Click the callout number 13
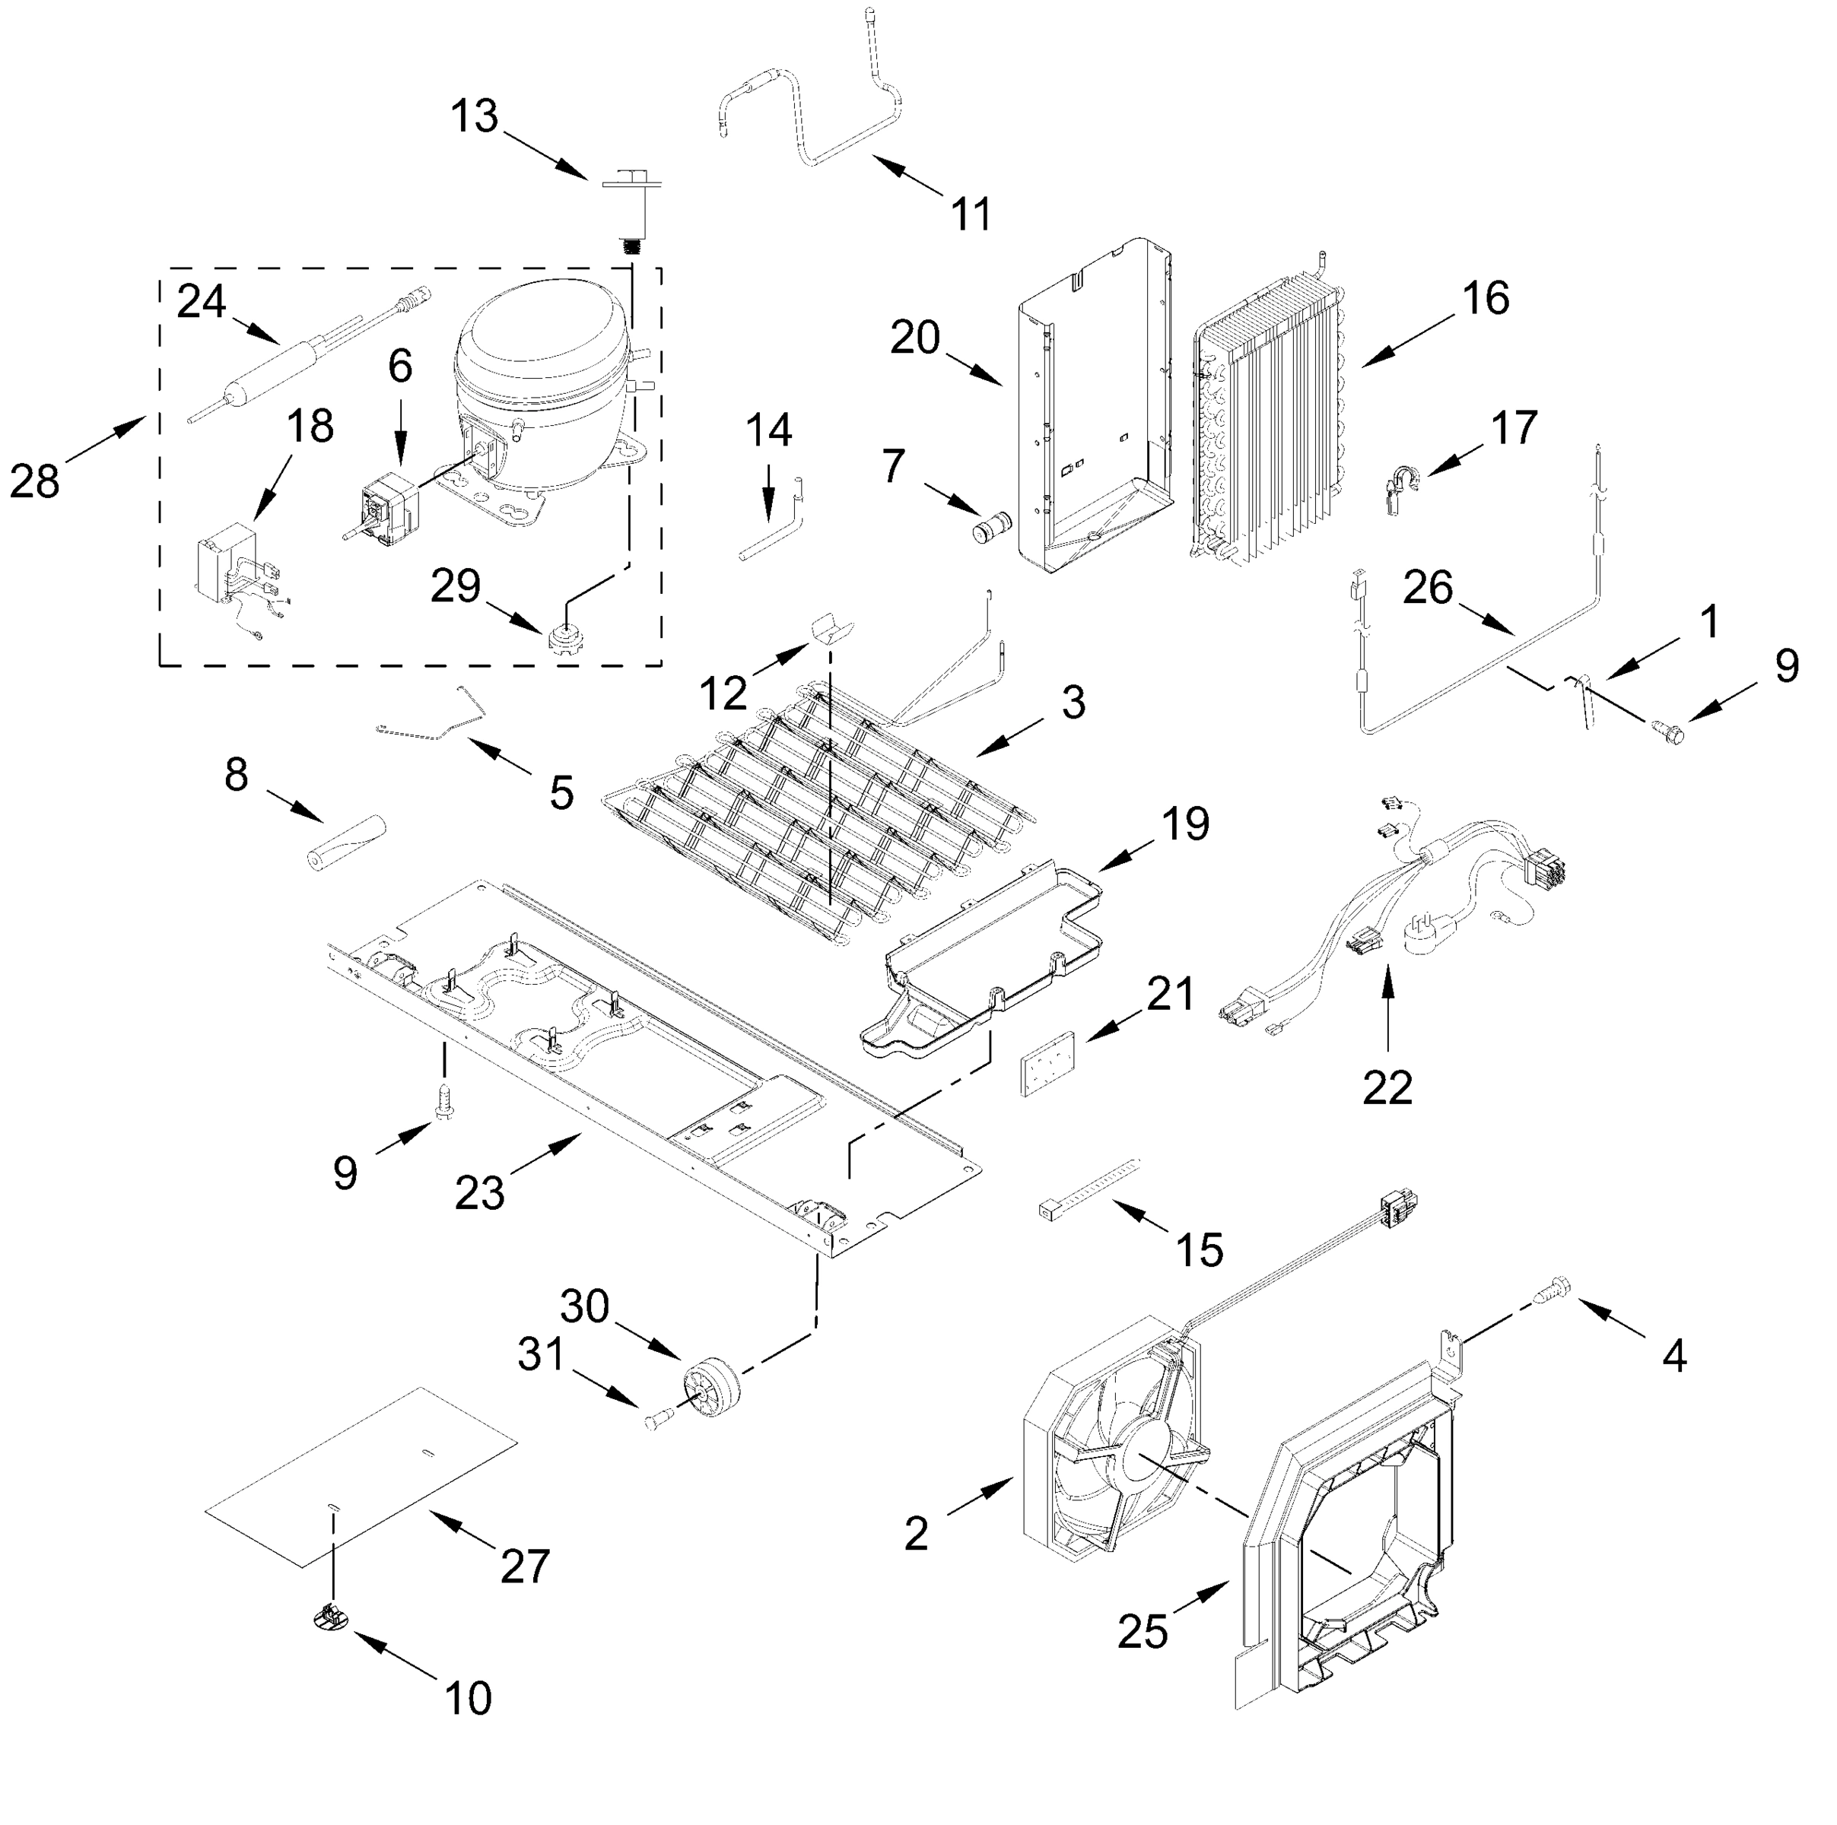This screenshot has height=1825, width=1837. (x=473, y=117)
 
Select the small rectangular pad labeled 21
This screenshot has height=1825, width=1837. (x=1046, y=1064)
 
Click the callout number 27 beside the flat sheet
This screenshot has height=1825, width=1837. (x=525, y=1566)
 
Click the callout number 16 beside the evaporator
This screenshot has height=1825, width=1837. (x=1485, y=298)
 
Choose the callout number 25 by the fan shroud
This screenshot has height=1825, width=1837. (x=1142, y=1631)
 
